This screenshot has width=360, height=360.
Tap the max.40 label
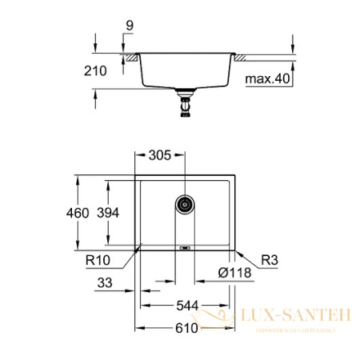(268, 78)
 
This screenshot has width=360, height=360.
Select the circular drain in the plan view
(186, 204)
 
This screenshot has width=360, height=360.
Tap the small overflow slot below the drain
(186, 247)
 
